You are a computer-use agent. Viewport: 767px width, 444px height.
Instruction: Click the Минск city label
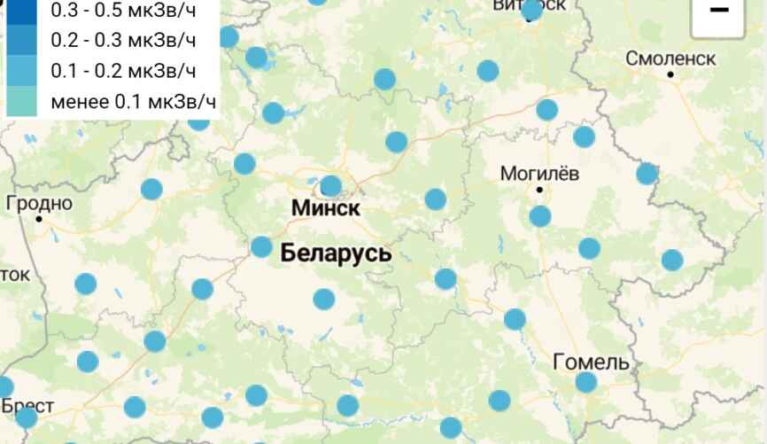326,210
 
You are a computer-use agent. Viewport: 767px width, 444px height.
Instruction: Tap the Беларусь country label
336,253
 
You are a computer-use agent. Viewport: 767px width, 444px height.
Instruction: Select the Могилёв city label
540,174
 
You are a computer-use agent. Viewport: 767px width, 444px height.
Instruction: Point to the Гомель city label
592,362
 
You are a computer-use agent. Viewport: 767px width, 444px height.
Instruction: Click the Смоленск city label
670,58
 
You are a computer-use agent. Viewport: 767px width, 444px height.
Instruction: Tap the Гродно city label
39,203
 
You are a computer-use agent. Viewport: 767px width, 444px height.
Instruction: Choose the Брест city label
28,406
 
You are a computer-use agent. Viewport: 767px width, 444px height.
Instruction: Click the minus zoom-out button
719,12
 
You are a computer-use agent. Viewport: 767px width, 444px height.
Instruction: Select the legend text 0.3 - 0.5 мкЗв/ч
123,11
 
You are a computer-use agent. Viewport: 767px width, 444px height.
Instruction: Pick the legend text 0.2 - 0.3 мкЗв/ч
123,41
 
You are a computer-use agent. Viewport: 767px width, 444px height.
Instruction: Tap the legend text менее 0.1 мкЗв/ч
133,101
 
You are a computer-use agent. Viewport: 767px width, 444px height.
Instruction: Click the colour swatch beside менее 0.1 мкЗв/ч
24,101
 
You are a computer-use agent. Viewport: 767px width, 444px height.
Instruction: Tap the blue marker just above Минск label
330,185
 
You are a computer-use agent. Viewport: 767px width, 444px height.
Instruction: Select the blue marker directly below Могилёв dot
539,215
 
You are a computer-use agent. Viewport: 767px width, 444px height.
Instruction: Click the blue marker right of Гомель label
586,383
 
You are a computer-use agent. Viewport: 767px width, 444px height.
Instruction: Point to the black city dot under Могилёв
539,190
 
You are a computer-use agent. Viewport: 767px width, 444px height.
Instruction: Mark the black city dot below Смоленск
671,74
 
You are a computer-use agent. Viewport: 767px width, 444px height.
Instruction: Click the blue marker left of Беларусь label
261,246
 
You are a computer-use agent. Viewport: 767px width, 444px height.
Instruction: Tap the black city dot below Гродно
40,218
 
